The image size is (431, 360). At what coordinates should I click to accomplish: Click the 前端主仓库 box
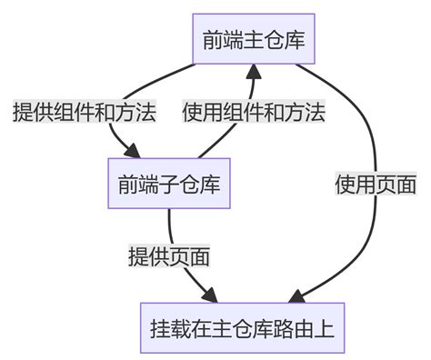pyautogui.click(x=254, y=39)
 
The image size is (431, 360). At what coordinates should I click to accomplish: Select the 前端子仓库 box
pyautogui.click(x=167, y=184)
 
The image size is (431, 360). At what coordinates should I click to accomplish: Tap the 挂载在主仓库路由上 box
pyautogui.click(x=243, y=327)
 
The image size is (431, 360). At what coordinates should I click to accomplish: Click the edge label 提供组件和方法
pyautogui.click(x=84, y=113)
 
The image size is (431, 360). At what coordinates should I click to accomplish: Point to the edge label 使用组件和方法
pyautogui.click(x=254, y=113)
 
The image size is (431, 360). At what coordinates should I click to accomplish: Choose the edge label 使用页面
pyautogui.click(x=376, y=185)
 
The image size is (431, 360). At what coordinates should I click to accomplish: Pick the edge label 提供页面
pyautogui.click(x=169, y=256)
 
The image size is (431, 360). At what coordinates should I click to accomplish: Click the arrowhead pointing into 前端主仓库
pyautogui.click(x=254, y=74)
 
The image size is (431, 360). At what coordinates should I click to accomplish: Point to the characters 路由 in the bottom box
pyautogui.click(x=294, y=327)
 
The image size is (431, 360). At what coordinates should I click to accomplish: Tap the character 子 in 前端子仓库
pyautogui.click(x=167, y=184)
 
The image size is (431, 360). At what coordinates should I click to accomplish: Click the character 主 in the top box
pyautogui.click(x=254, y=39)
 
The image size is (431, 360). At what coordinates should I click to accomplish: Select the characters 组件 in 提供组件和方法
pyautogui.click(x=73, y=113)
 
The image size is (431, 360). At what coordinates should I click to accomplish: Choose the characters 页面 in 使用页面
pyautogui.click(x=396, y=185)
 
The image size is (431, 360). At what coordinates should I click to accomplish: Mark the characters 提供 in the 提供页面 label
pyautogui.click(x=148, y=256)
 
